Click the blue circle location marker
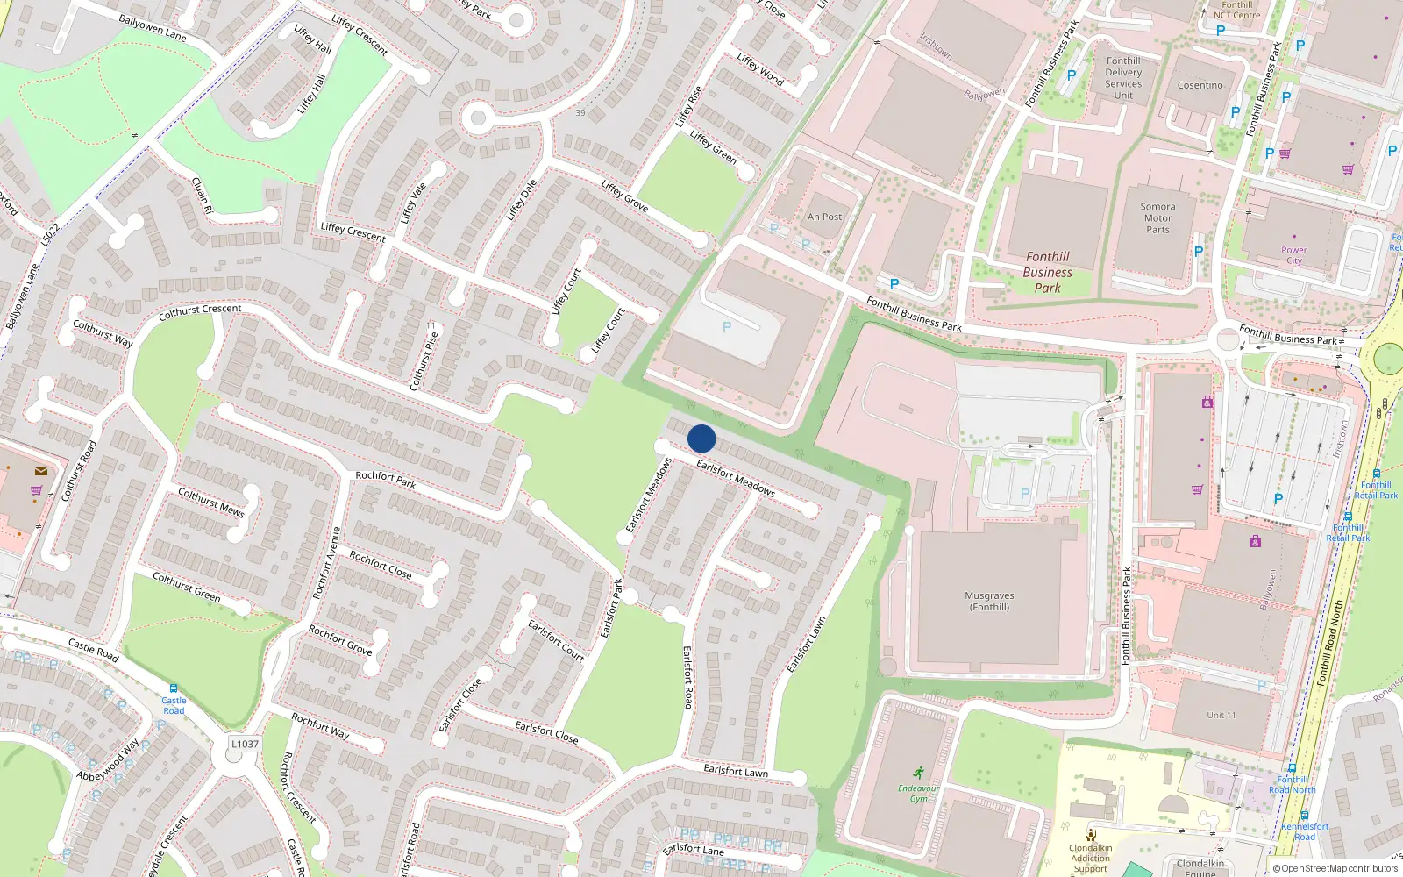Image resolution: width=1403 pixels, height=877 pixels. pyautogui.click(x=701, y=438)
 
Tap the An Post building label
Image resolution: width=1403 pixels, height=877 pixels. pyautogui.click(x=824, y=217)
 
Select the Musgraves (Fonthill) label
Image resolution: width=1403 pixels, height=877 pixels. pyautogui.click(x=989, y=601)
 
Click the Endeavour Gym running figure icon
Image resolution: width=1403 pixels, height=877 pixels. pyautogui.click(x=918, y=773)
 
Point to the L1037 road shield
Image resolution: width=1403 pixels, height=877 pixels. pyautogui.click(x=245, y=744)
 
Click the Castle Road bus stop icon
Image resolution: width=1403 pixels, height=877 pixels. pyautogui.click(x=174, y=688)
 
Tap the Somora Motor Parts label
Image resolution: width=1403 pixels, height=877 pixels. pyautogui.click(x=1157, y=218)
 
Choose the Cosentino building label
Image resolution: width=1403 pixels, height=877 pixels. pyautogui.click(x=1200, y=85)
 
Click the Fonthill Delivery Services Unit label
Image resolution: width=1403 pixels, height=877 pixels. pyautogui.click(x=1123, y=78)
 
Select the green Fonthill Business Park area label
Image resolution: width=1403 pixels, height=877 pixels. pyautogui.click(x=1047, y=272)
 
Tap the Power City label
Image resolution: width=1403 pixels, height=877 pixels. pyautogui.click(x=1293, y=255)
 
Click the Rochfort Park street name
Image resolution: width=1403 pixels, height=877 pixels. pyautogui.click(x=385, y=479)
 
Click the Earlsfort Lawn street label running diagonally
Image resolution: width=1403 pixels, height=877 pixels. pyautogui.click(x=806, y=645)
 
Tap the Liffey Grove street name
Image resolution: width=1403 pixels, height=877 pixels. pyautogui.click(x=624, y=196)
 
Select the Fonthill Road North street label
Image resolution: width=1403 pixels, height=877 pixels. pyautogui.click(x=1329, y=643)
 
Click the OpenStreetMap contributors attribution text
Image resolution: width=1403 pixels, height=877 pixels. pyautogui.click(x=1335, y=868)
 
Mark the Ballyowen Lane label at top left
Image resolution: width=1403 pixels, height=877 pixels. pyautogui.click(x=153, y=28)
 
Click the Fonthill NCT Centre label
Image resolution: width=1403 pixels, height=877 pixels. pyautogui.click(x=1236, y=10)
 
